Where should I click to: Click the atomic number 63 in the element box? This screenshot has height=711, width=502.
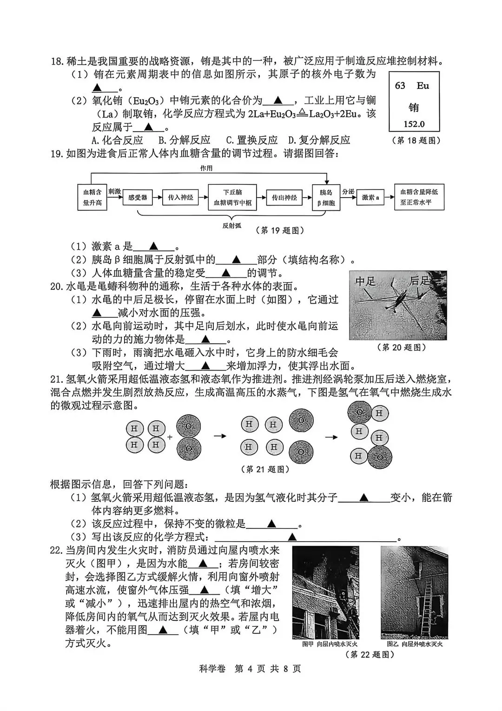pyautogui.click(x=400, y=86)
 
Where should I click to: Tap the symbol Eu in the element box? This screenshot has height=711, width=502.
pyautogui.click(x=423, y=86)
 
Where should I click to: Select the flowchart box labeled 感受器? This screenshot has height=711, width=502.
pyautogui.click(x=138, y=198)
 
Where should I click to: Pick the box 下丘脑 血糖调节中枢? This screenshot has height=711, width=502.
pyautogui.click(x=232, y=198)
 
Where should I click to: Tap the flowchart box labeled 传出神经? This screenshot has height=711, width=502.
pyautogui.click(x=284, y=198)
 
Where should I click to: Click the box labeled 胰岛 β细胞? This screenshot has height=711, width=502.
pyautogui.click(x=326, y=198)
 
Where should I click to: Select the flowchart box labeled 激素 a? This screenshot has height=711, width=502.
pyautogui.click(x=370, y=198)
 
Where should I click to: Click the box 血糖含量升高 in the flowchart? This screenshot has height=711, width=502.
pyautogui.click(x=92, y=198)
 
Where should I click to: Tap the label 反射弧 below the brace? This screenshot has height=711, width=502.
pyautogui.click(x=231, y=226)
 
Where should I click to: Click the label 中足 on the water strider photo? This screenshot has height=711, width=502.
pyautogui.click(x=366, y=281)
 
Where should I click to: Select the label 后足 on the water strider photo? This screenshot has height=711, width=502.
pyautogui.click(x=420, y=281)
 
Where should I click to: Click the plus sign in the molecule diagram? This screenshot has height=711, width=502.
pyautogui.click(x=170, y=437)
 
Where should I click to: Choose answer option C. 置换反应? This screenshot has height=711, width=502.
pyautogui.click(x=251, y=140)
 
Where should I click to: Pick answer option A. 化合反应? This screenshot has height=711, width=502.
pyautogui.click(x=117, y=140)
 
